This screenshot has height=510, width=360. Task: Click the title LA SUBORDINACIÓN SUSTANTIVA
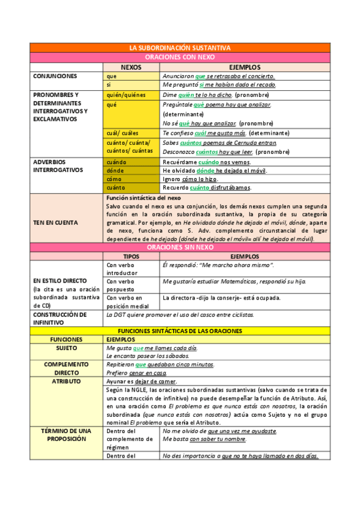180,48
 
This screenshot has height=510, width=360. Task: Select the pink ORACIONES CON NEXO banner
180,57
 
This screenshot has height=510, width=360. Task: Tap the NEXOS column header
132,67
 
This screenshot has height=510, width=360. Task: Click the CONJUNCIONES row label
55,76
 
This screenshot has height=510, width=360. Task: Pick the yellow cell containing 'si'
132,85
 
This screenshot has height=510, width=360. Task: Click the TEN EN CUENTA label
55,223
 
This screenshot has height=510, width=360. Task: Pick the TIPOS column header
131,256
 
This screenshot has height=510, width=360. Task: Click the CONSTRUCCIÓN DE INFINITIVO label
60,318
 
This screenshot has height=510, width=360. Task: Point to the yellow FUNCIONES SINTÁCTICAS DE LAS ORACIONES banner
180,331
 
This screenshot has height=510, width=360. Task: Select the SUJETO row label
66,348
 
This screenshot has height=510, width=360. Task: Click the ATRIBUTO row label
66,381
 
